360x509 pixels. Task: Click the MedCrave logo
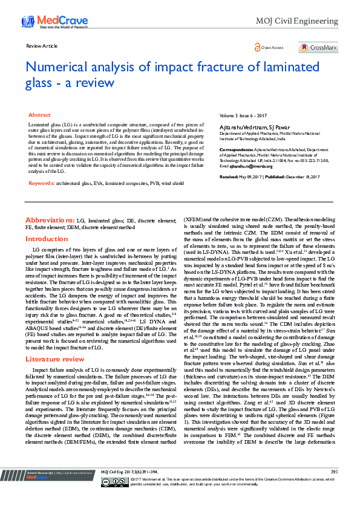pyautogui.click(x=48, y=21)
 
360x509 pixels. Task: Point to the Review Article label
pyautogui.click(x=42, y=46)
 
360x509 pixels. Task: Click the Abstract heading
pyautogui.click(x=39, y=114)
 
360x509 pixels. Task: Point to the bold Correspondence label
pyautogui.click(x=236, y=148)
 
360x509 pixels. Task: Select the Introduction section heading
pyautogui.click(x=46, y=239)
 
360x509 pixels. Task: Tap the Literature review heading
pyautogui.click(x=56, y=342)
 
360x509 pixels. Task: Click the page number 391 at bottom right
pyautogui.click(x=334, y=488)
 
